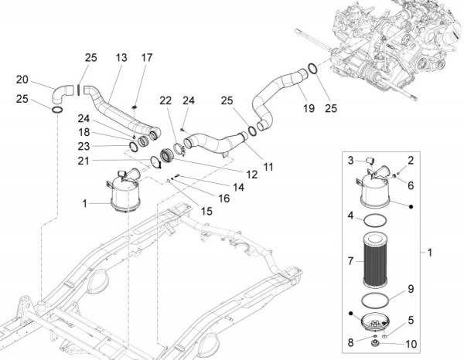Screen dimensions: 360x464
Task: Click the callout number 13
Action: (x=121, y=58)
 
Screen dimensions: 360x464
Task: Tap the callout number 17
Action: (x=147, y=58)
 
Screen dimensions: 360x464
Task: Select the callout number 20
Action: (x=22, y=79)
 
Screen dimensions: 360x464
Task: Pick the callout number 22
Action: (x=165, y=101)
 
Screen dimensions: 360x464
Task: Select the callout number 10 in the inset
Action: (x=411, y=344)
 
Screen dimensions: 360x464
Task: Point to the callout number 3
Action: (x=350, y=160)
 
